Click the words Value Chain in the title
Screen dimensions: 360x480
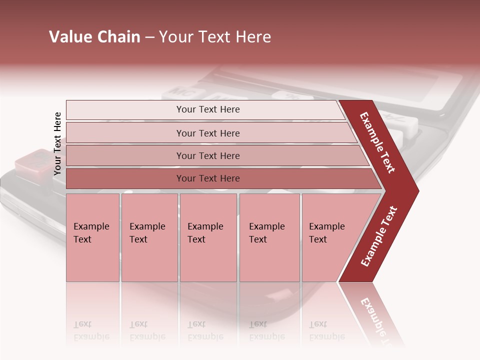coord(94,37)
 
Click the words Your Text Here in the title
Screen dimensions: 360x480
coord(215,37)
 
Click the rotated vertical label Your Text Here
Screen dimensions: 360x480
coord(57,144)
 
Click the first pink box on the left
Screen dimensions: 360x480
coord(92,237)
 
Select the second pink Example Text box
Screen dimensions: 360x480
coord(149,237)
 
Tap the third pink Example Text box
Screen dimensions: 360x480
coord(208,237)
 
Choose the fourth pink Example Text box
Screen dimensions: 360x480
coord(269,237)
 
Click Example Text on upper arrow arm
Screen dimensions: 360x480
coord(378,142)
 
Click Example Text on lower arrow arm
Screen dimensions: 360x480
coord(379,236)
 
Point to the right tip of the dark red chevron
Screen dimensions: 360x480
coord(417,190)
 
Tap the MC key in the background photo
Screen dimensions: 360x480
coord(178,92)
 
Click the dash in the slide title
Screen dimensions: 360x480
coord(149,37)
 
